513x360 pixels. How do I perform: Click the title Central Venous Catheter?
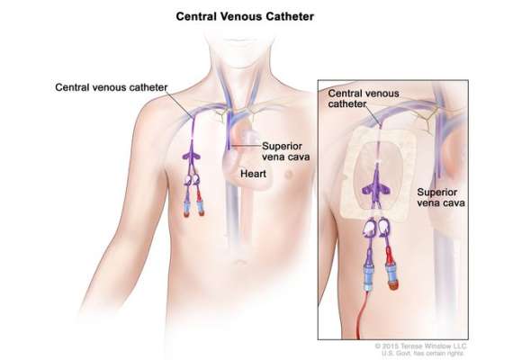245,16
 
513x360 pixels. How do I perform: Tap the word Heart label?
253,174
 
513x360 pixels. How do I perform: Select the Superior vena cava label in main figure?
285,151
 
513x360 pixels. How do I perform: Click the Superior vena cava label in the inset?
441,197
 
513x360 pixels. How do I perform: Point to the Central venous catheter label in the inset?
364,98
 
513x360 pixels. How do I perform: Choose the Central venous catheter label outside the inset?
112,87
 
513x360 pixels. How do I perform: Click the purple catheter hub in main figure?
192,156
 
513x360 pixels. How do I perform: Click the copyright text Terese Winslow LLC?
434,346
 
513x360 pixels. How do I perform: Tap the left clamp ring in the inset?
369,227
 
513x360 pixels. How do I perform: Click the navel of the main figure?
240,262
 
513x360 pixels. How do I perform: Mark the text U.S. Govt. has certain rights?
423,354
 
